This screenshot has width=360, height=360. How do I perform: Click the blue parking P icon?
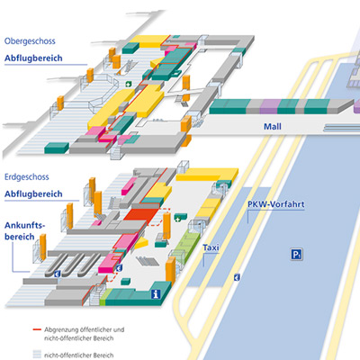296,255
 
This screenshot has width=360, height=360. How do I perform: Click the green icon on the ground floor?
180,219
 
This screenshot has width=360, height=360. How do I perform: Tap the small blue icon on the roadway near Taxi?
237,277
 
